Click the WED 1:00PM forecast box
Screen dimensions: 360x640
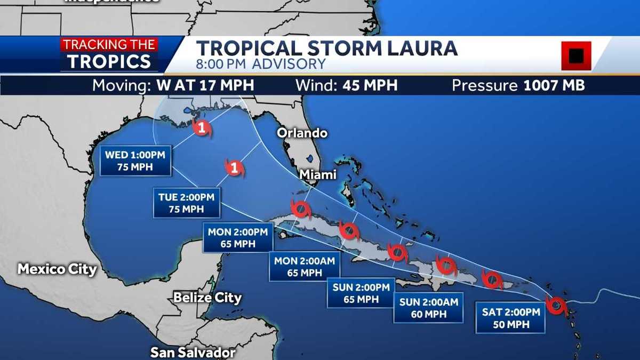135,161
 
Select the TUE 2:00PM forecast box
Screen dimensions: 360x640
186,203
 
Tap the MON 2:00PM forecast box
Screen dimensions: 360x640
238,238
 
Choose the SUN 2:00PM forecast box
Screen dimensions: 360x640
361,293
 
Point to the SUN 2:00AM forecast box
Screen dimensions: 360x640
428,308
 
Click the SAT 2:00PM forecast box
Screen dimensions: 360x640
510,318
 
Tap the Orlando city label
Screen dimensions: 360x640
302,133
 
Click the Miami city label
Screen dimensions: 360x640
317,174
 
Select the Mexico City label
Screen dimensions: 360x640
57,269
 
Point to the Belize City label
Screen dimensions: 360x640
207,298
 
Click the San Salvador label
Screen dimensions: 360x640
193,352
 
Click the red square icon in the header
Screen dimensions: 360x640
576,55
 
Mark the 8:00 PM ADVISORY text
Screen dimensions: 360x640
261,65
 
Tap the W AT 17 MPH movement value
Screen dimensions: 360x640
205,85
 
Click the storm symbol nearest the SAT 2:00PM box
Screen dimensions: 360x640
556,306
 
